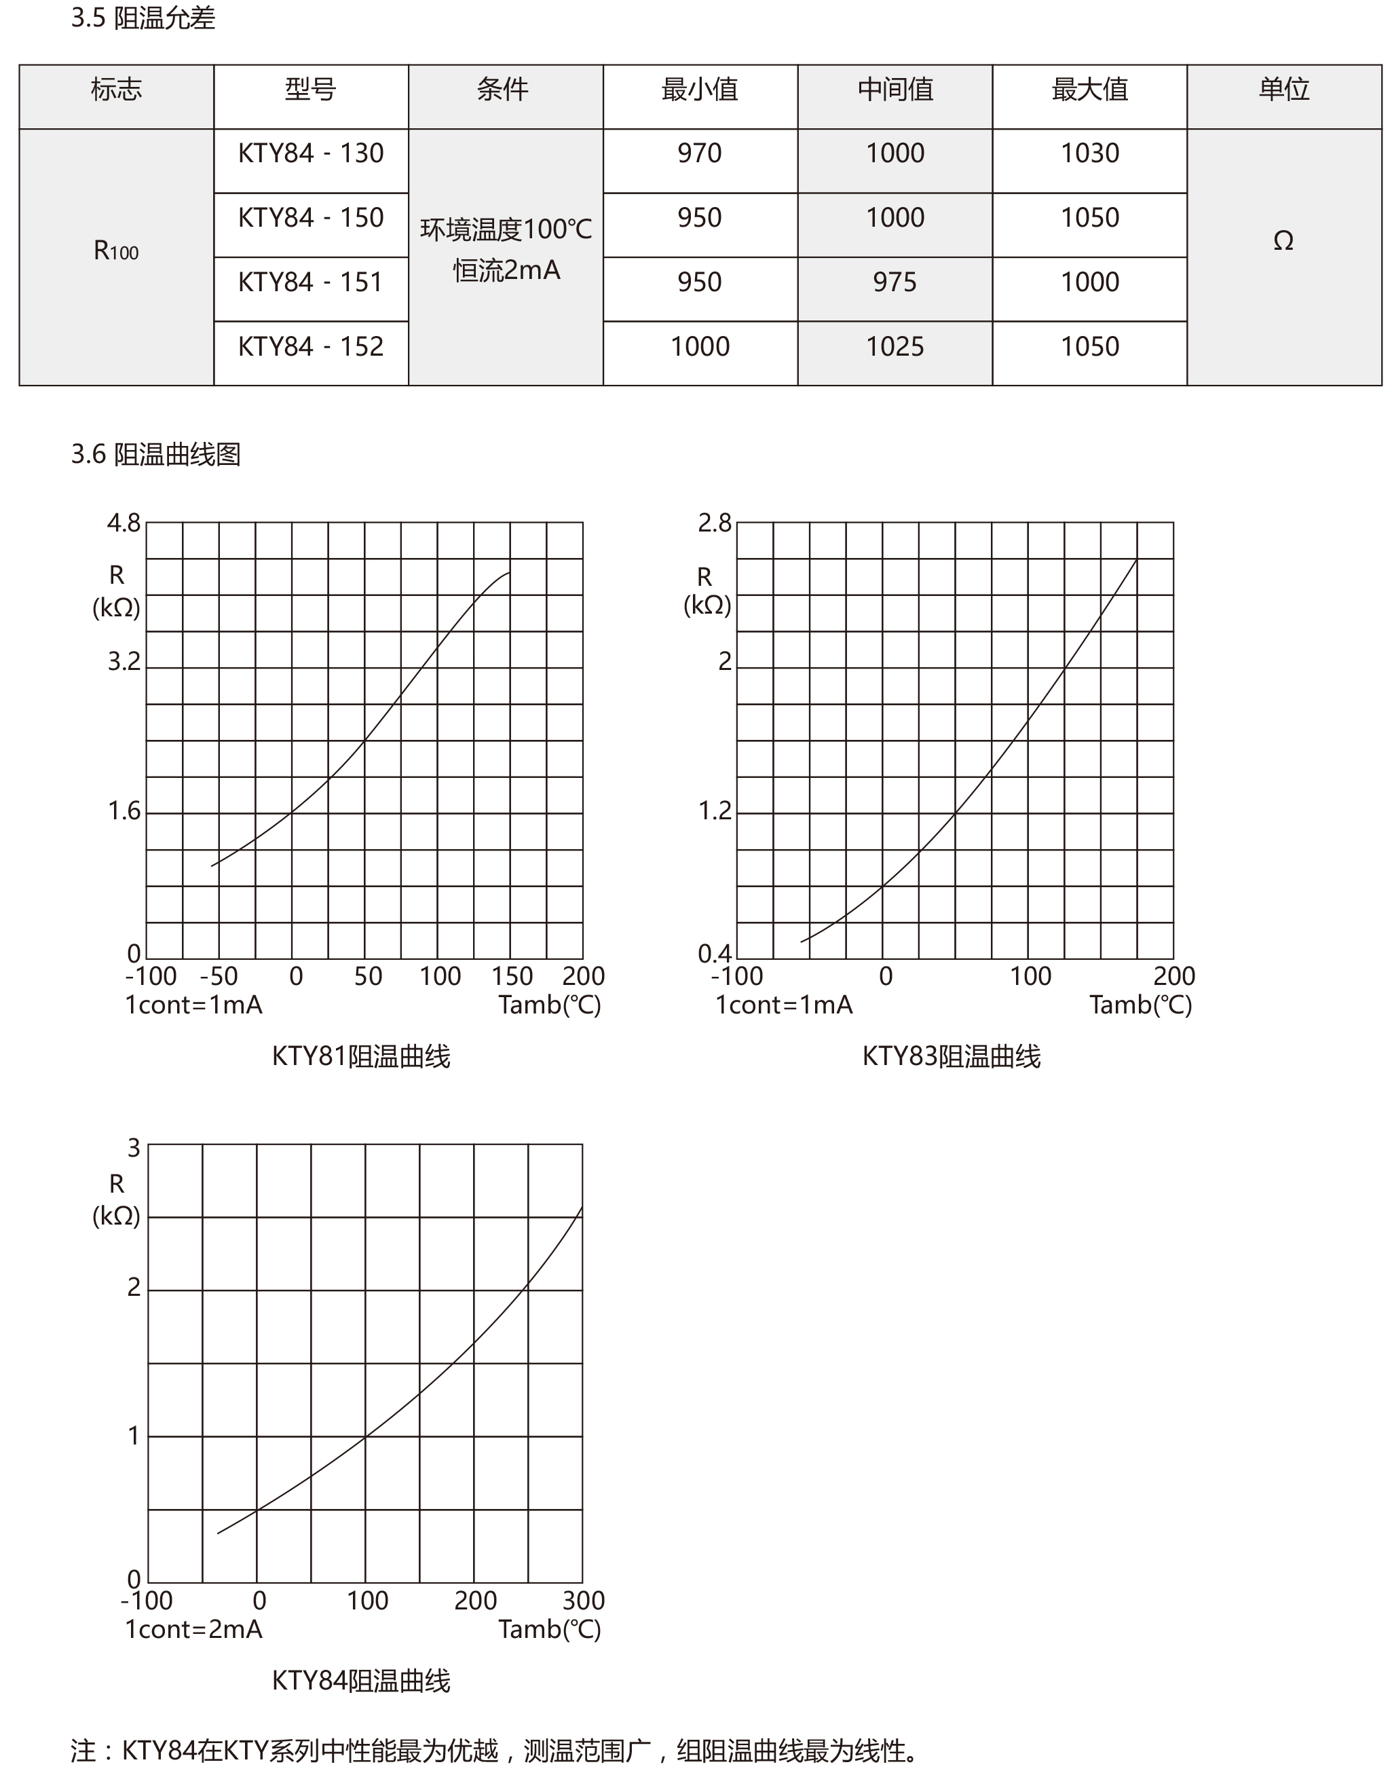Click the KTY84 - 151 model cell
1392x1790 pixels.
[x=311, y=282]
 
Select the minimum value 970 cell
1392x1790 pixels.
[x=699, y=153]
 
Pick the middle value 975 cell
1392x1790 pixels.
[x=894, y=282]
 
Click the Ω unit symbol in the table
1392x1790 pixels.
[x=1283, y=241]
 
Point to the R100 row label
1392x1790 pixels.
[x=115, y=250]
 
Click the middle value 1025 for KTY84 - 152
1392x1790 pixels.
[x=894, y=347]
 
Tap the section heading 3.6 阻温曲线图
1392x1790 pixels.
[x=155, y=454]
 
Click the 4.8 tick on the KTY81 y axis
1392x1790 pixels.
[x=124, y=523]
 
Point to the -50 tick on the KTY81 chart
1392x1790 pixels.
[x=218, y=976]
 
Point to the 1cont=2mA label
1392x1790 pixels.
[x=193, y=1629]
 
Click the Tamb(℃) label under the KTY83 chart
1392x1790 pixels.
[x=1140, y=1005]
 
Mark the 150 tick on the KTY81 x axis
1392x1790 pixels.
[x=511, y=976]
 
